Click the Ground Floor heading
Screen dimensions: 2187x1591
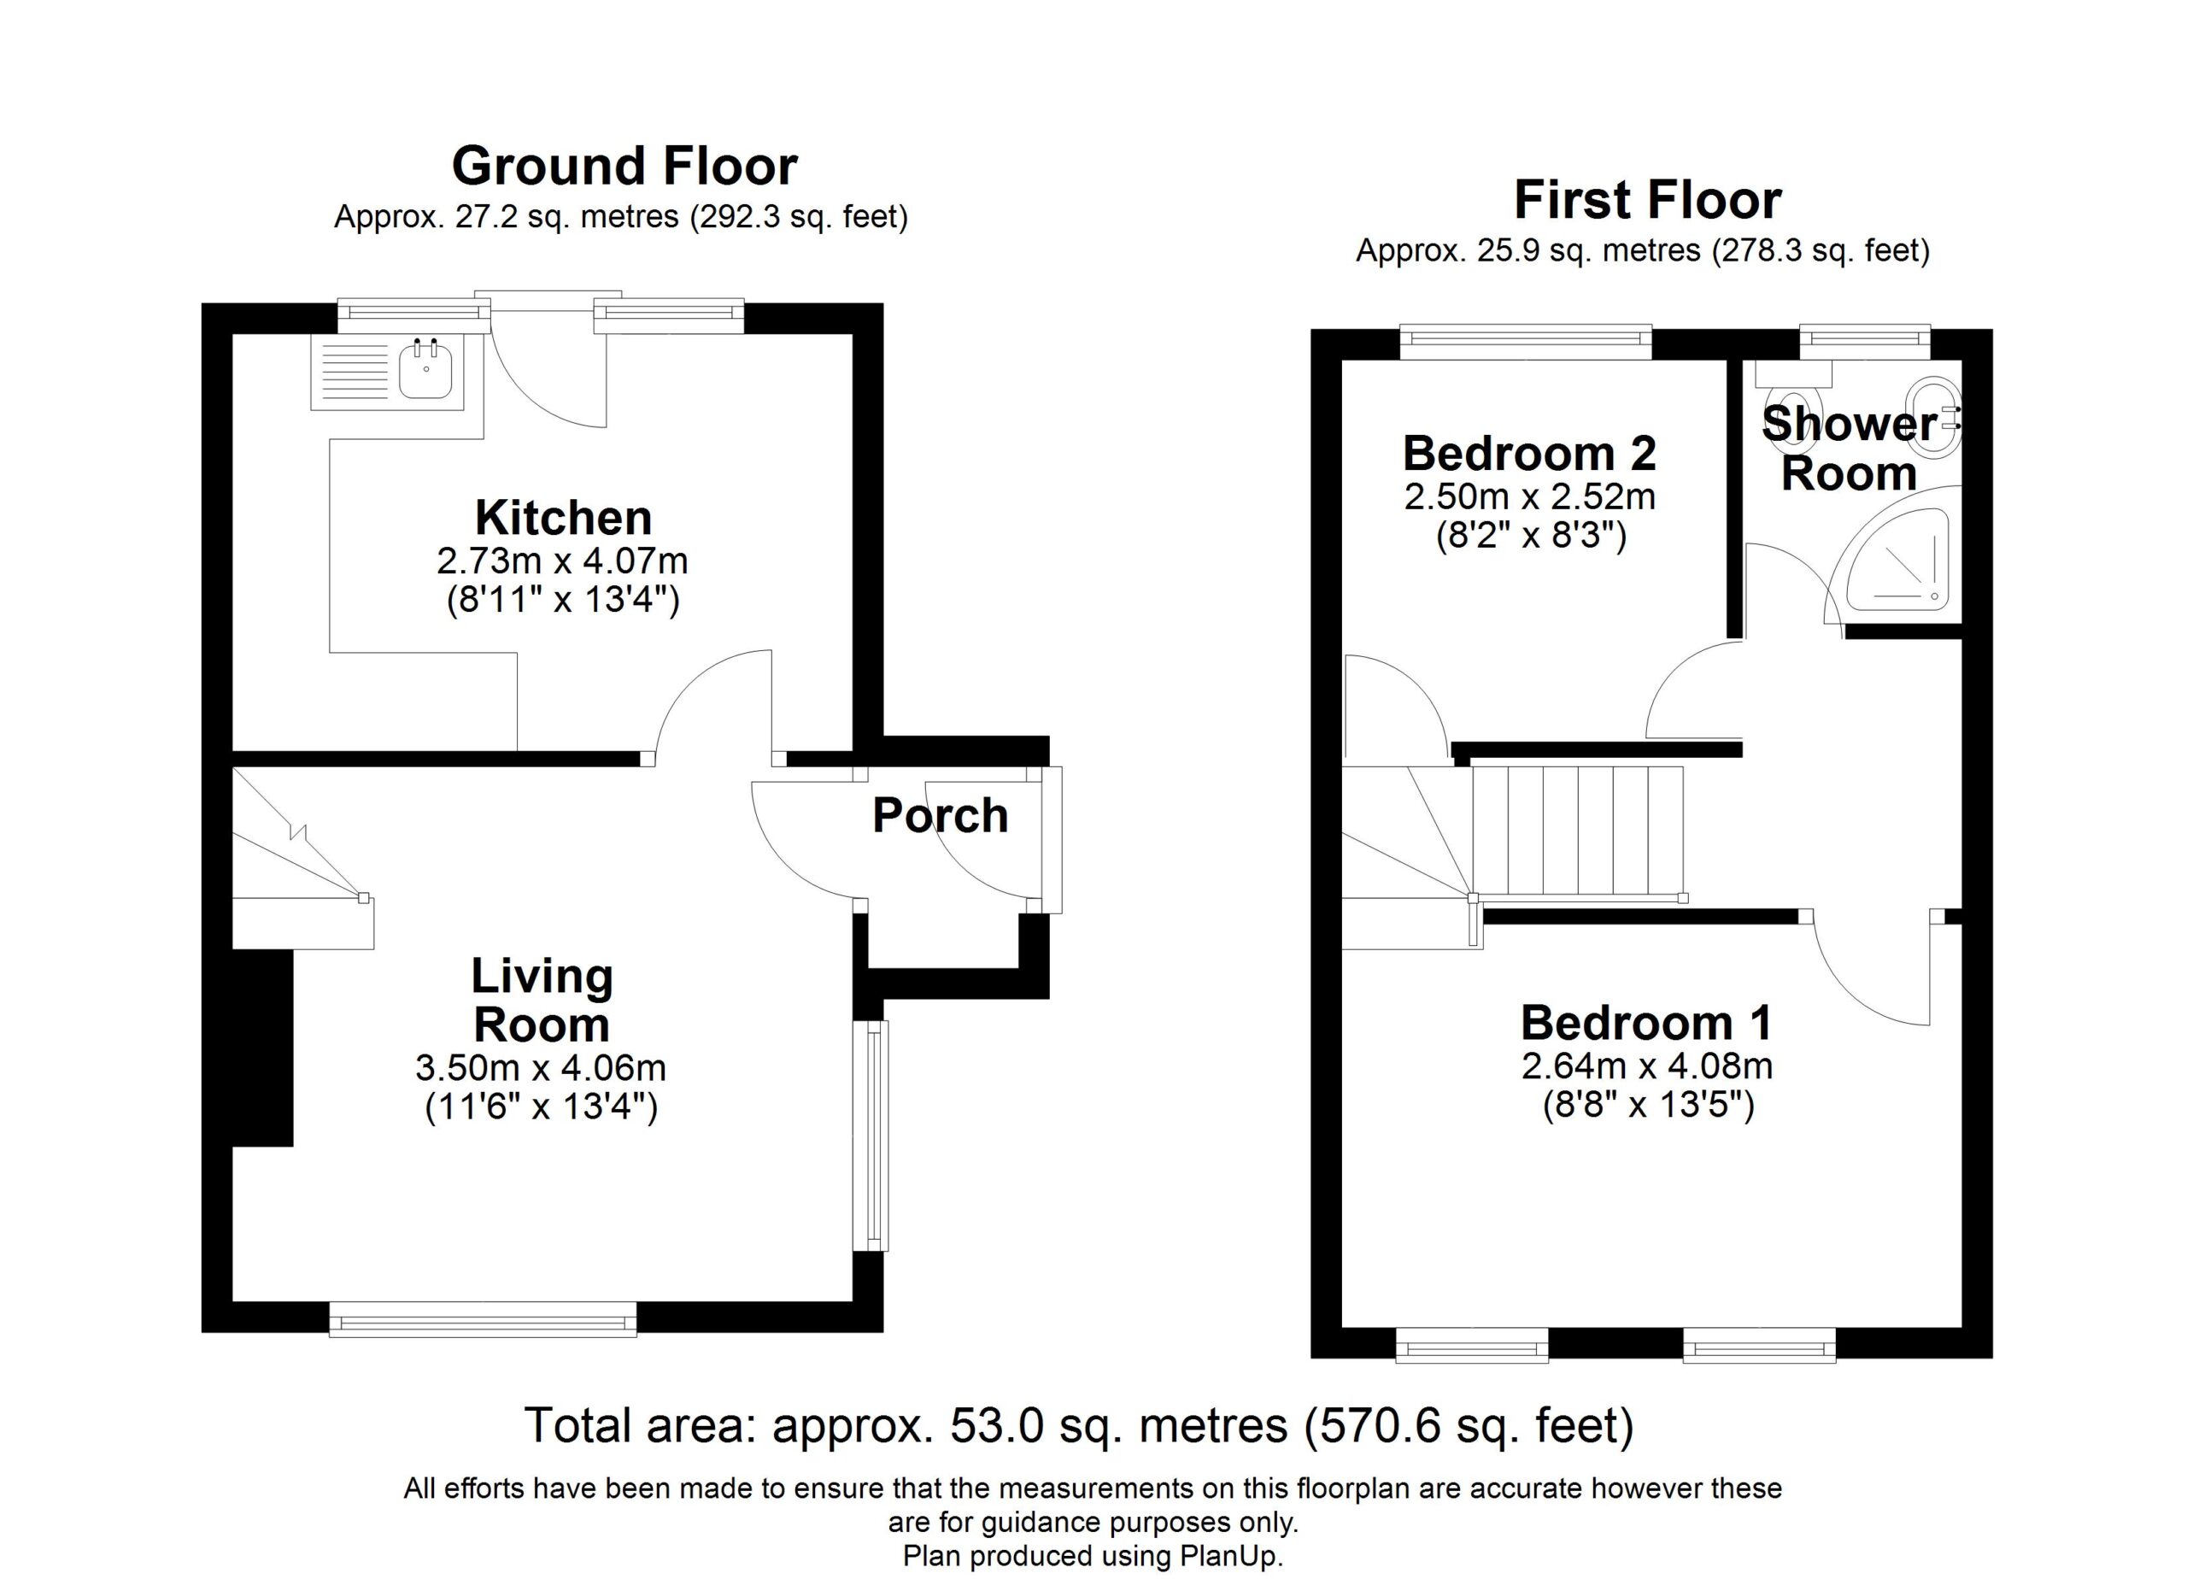[x=624, y=166]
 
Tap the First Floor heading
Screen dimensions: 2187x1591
[x=1648, y=200]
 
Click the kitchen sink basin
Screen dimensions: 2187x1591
[x=425, y=373]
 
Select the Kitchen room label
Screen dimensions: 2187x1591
[x=564, y=518]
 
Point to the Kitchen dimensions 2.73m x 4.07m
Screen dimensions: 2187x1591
[x=562, y=561]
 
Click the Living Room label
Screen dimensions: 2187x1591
[x=542, y=1000]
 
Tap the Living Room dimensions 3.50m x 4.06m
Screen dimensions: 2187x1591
[x=541, y=1068]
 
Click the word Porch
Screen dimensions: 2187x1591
[x=941, y=816]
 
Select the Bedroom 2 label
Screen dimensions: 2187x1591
[x=1530, y=453]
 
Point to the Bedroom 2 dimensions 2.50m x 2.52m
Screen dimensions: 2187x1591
[x=1530, y=497]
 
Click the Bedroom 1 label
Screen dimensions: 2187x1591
[x=1647, y=1023]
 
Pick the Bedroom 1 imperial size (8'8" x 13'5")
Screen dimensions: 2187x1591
[x=1648, y=1105]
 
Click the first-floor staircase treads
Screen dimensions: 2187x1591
[x=1578, y=831]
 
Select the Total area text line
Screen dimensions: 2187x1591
[x=1079, y=1426]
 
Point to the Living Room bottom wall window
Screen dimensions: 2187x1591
[x=484, y=1318]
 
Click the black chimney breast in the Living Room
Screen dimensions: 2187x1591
[x=262, y=1048]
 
